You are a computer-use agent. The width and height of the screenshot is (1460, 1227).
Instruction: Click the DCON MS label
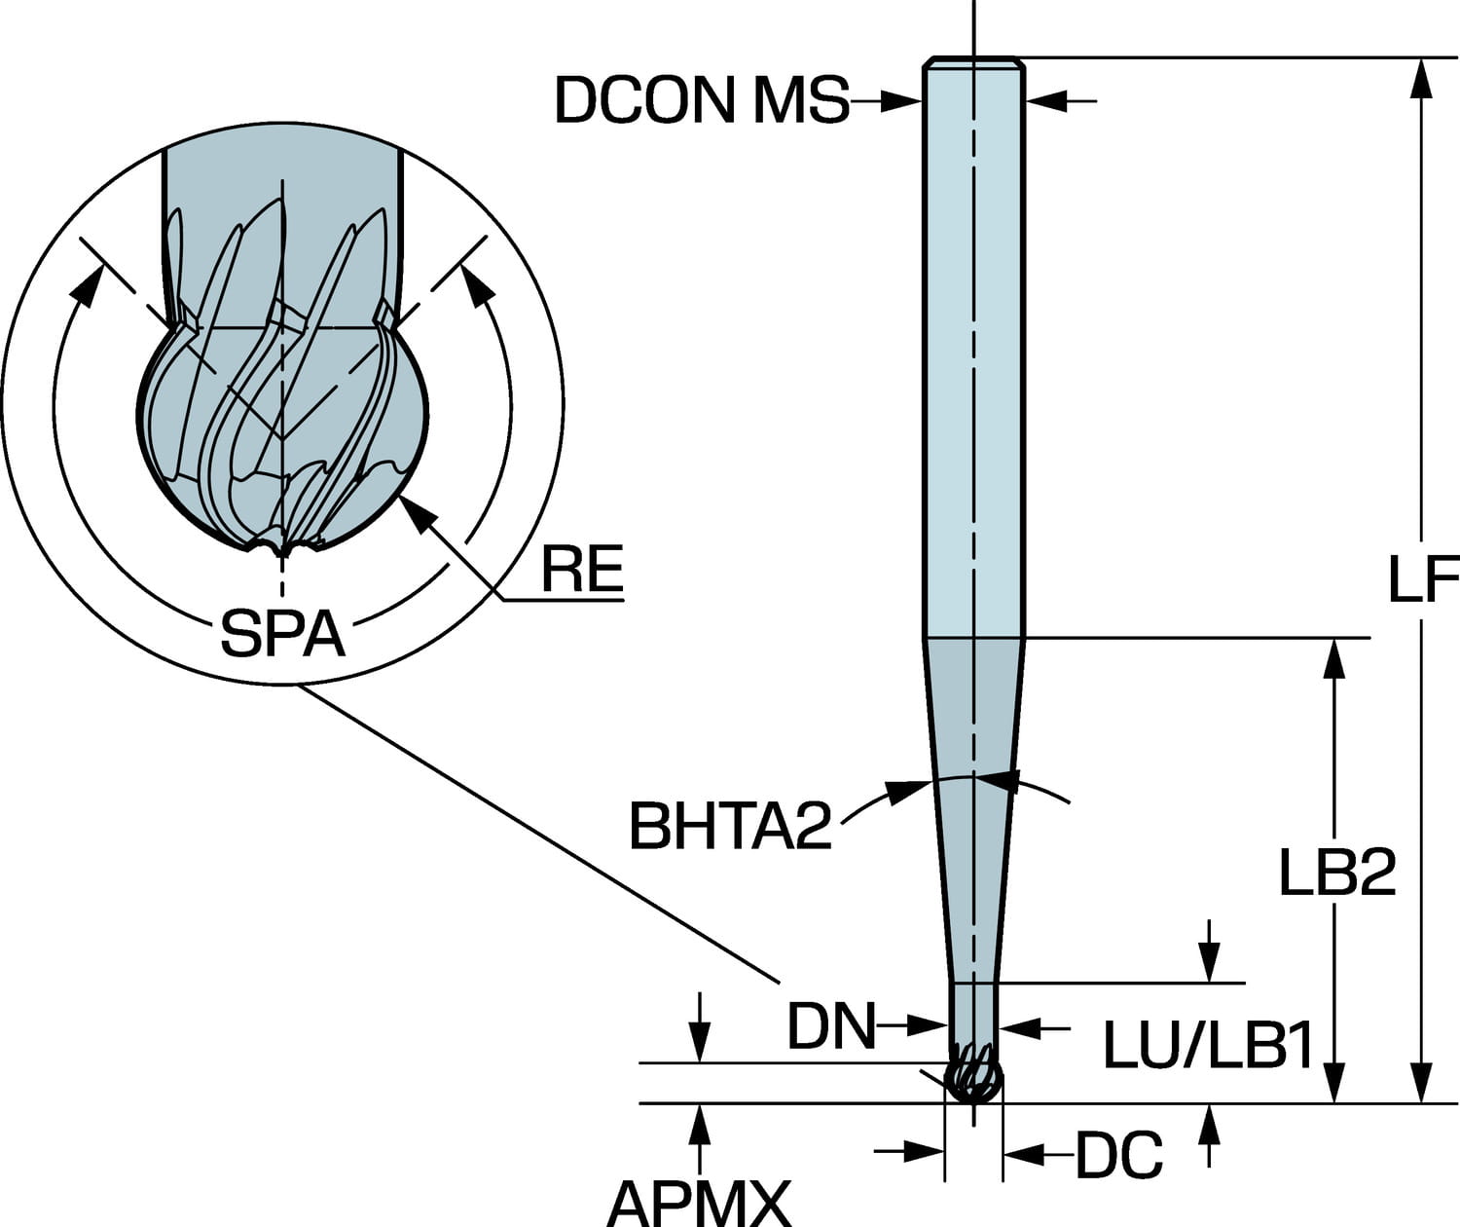701,99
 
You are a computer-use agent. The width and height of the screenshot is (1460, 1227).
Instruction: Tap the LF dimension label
1422,580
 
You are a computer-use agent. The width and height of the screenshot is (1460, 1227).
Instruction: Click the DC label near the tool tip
1118,1156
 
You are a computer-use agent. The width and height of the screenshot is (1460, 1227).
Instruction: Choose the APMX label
698,1204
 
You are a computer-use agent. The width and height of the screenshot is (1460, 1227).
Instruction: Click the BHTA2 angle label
730,826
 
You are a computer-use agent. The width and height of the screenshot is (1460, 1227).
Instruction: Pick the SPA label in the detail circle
282,634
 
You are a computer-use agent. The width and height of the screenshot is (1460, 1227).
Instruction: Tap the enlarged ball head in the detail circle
282,438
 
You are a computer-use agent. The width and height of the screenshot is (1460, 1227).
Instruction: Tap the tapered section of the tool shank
972,808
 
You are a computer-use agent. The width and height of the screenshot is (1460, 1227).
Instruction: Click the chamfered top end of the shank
972,64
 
